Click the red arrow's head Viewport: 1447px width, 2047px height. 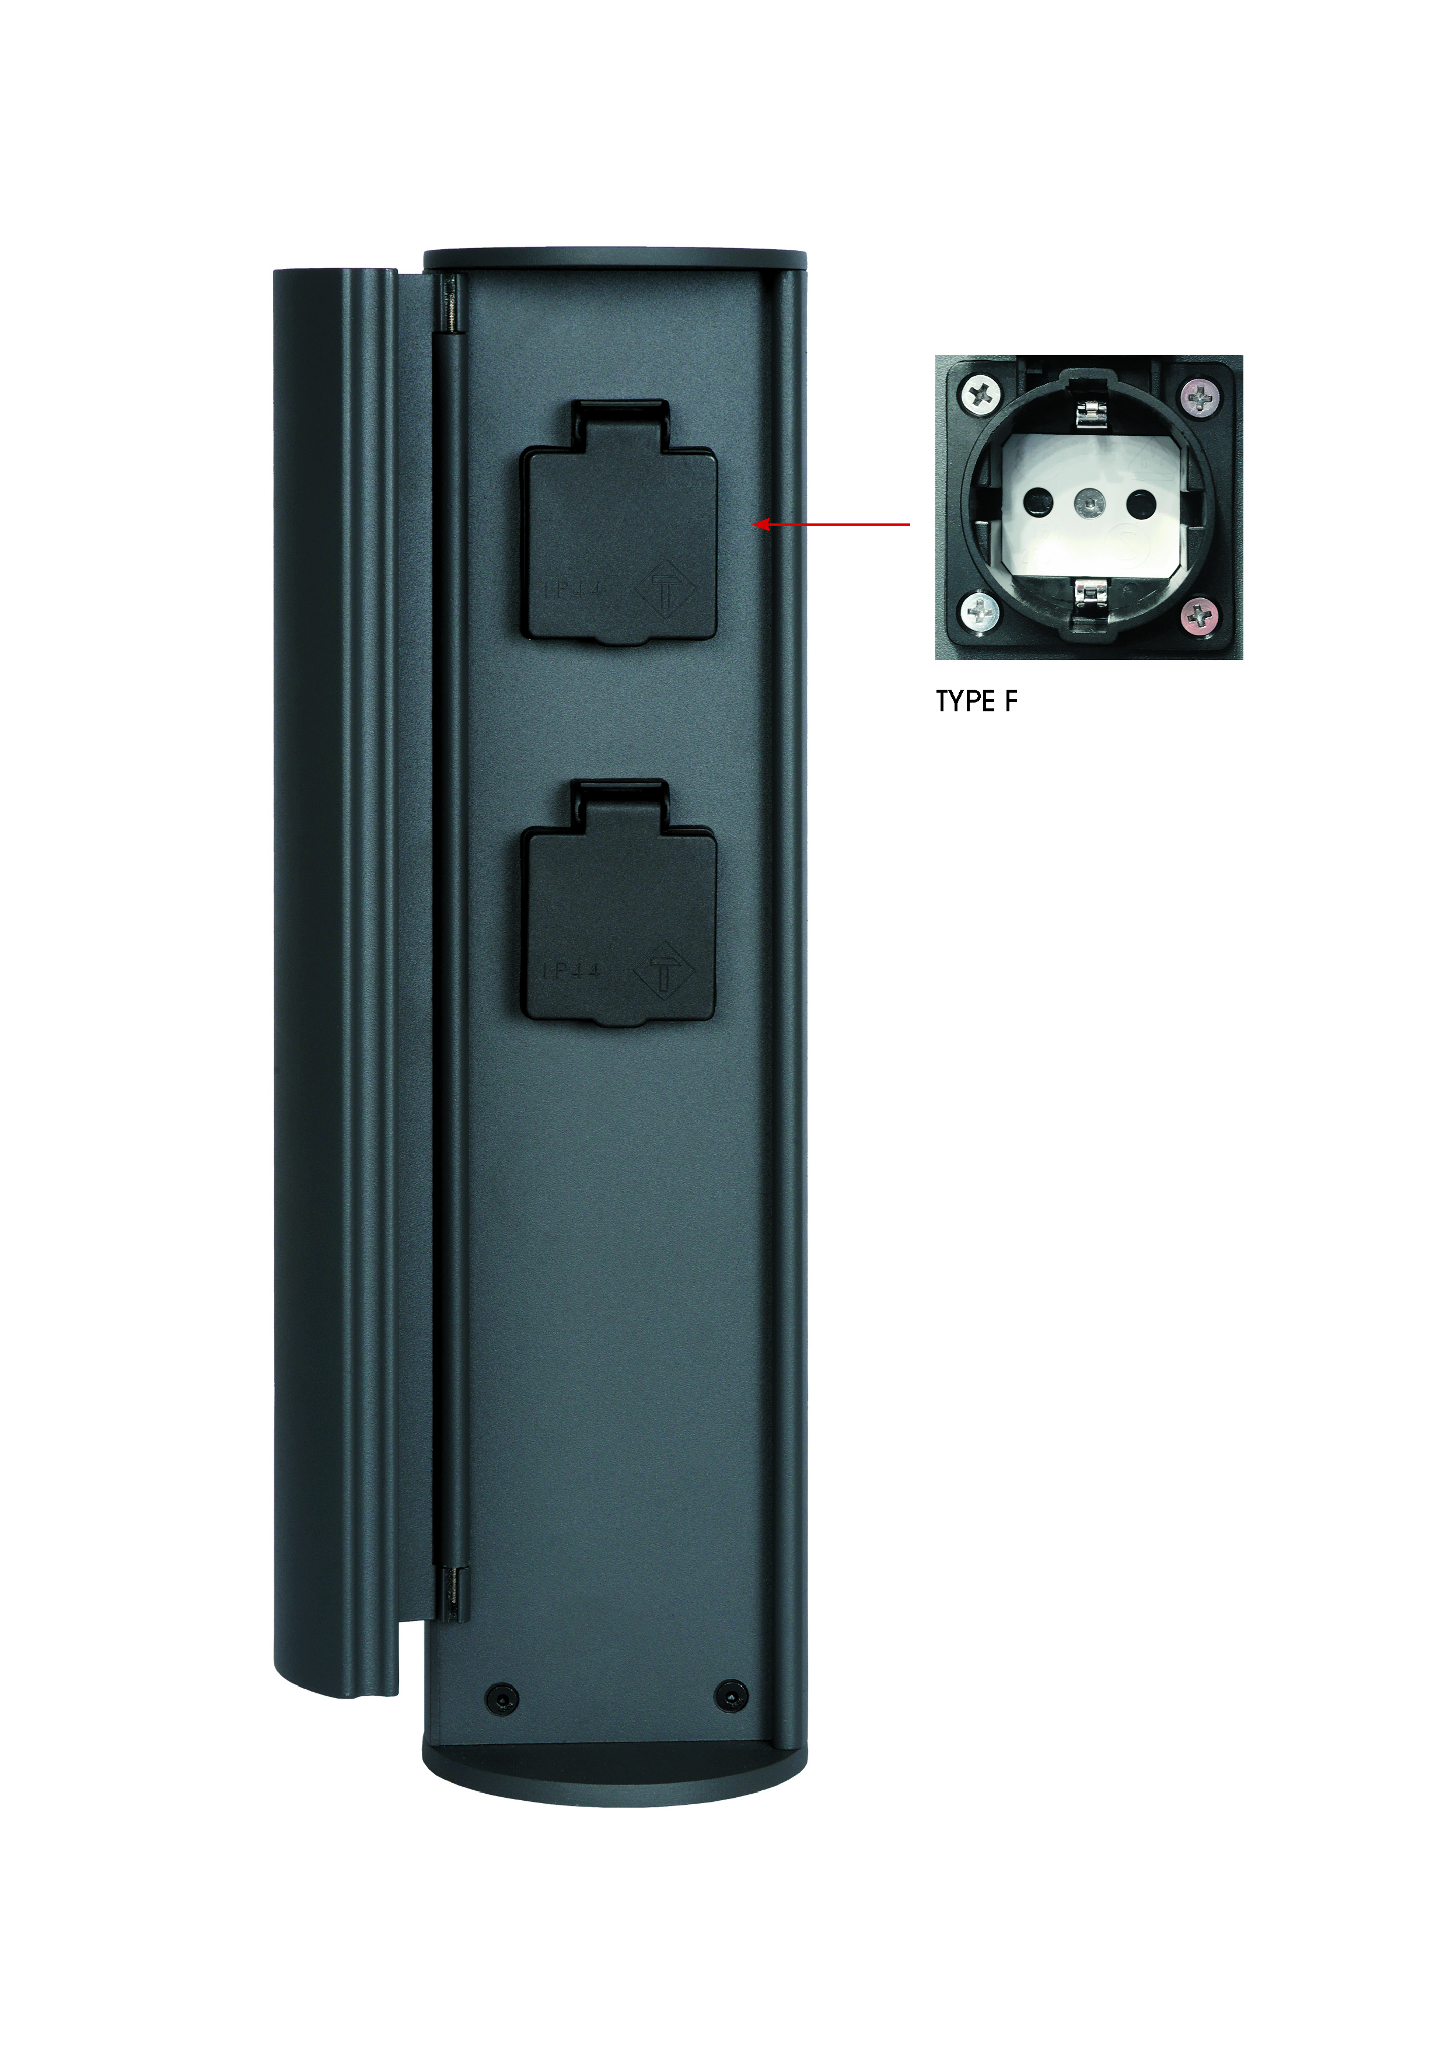pos(760,524)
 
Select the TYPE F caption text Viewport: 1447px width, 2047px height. pos(976,701)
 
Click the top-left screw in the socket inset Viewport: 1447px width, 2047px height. pos(981,393)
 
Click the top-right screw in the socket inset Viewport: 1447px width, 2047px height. pos(1201,395)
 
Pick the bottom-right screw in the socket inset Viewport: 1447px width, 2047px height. pos(1201,613)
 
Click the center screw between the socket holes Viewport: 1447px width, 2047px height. pos(1089,504)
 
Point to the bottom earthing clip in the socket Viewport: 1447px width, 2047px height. pos(1089,591)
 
